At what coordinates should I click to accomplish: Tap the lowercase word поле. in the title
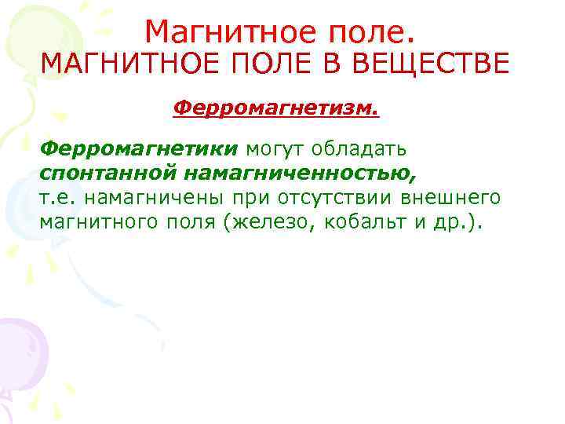(x=370, y=31)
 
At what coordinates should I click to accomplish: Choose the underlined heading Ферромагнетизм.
(x=275, y=106)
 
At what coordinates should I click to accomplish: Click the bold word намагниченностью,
(x=301, y=173)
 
